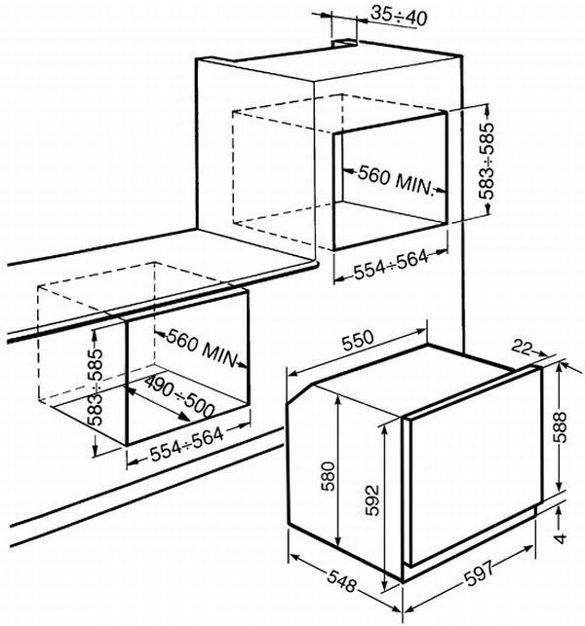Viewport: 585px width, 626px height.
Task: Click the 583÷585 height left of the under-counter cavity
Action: coord(95,397)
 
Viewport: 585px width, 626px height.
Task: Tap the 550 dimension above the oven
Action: coord(358,344)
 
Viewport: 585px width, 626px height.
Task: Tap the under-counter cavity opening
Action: coord(185,375)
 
